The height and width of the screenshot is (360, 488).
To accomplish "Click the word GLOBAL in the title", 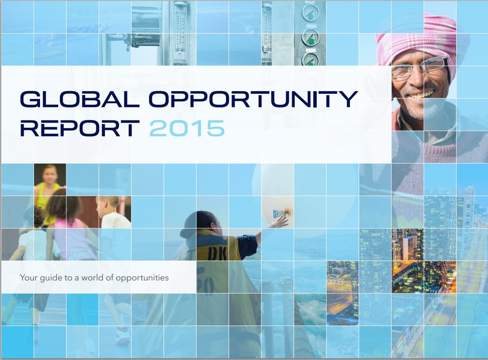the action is pyautogui.click(x=79, y=99).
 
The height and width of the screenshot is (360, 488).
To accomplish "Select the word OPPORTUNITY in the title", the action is pyautogui.click(x=253, y=99).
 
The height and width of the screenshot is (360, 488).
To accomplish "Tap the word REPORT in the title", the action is pyautogui.click(x=80, y=129).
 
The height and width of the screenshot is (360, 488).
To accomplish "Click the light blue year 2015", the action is pyautogui.click(x=187, y=129).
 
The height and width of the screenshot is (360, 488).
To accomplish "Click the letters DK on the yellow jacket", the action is pyautogui.click(x=217, y=252).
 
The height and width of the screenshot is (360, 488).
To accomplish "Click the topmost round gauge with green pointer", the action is pyautogui.click(x=310, y=13).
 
